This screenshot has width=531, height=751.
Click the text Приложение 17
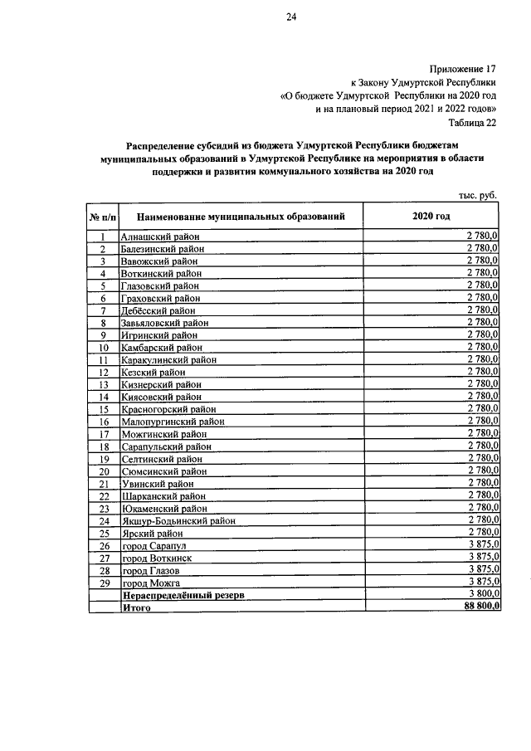tap(464, 68)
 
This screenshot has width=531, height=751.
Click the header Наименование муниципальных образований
tap(241, 217)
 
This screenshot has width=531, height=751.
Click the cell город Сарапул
tap(154, 546)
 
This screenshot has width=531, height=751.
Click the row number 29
tap(104, 583)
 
